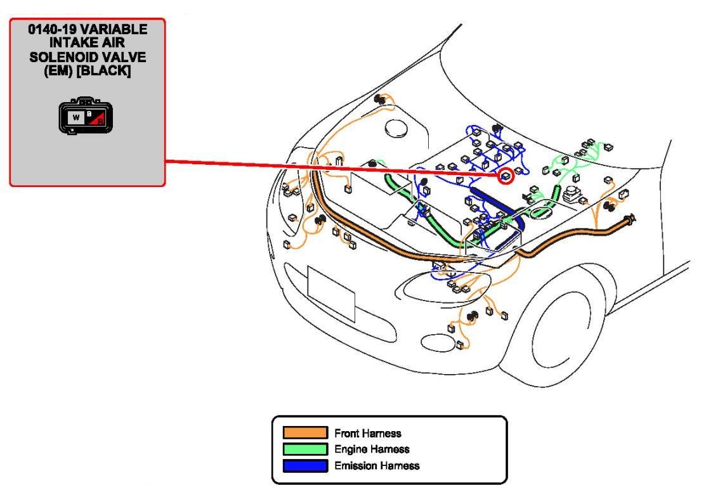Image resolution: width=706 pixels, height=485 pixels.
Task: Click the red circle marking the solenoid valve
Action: (x=506, y=176)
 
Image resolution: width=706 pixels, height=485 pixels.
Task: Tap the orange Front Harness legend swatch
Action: (x=305, y=433)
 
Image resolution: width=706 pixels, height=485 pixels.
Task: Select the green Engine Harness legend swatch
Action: (x=305, y=449)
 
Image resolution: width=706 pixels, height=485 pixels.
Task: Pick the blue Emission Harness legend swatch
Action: (x=305, y=466)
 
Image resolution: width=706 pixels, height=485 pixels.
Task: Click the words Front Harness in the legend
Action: (x=368, y=434)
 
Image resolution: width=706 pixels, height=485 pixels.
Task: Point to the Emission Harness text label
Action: (x=377, y=466)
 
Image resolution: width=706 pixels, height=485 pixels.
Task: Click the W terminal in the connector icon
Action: (x=75, y=118)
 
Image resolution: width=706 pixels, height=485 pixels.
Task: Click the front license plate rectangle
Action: (x=330, y=293)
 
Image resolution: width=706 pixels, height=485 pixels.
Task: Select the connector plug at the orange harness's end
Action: (x=631, y=219)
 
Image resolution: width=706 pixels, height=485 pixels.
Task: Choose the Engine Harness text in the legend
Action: (x=372, y=449)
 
